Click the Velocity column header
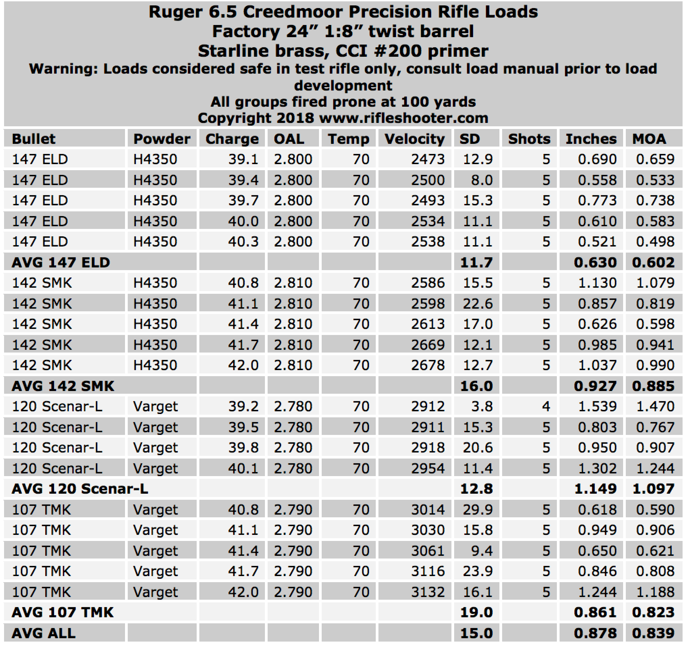pos(414,139)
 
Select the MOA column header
pos(649,139)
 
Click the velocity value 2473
pos(427,159)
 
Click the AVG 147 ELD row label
pos(61,262)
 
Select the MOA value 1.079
pos(655,283)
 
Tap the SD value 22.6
pos(477,304)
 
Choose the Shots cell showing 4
pos(546,406)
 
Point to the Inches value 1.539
pos(597,406)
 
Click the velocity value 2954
pos(427,468)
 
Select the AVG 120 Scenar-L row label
pos(80,489)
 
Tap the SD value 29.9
pos(477,510)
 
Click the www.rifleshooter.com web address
pos(403,118)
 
